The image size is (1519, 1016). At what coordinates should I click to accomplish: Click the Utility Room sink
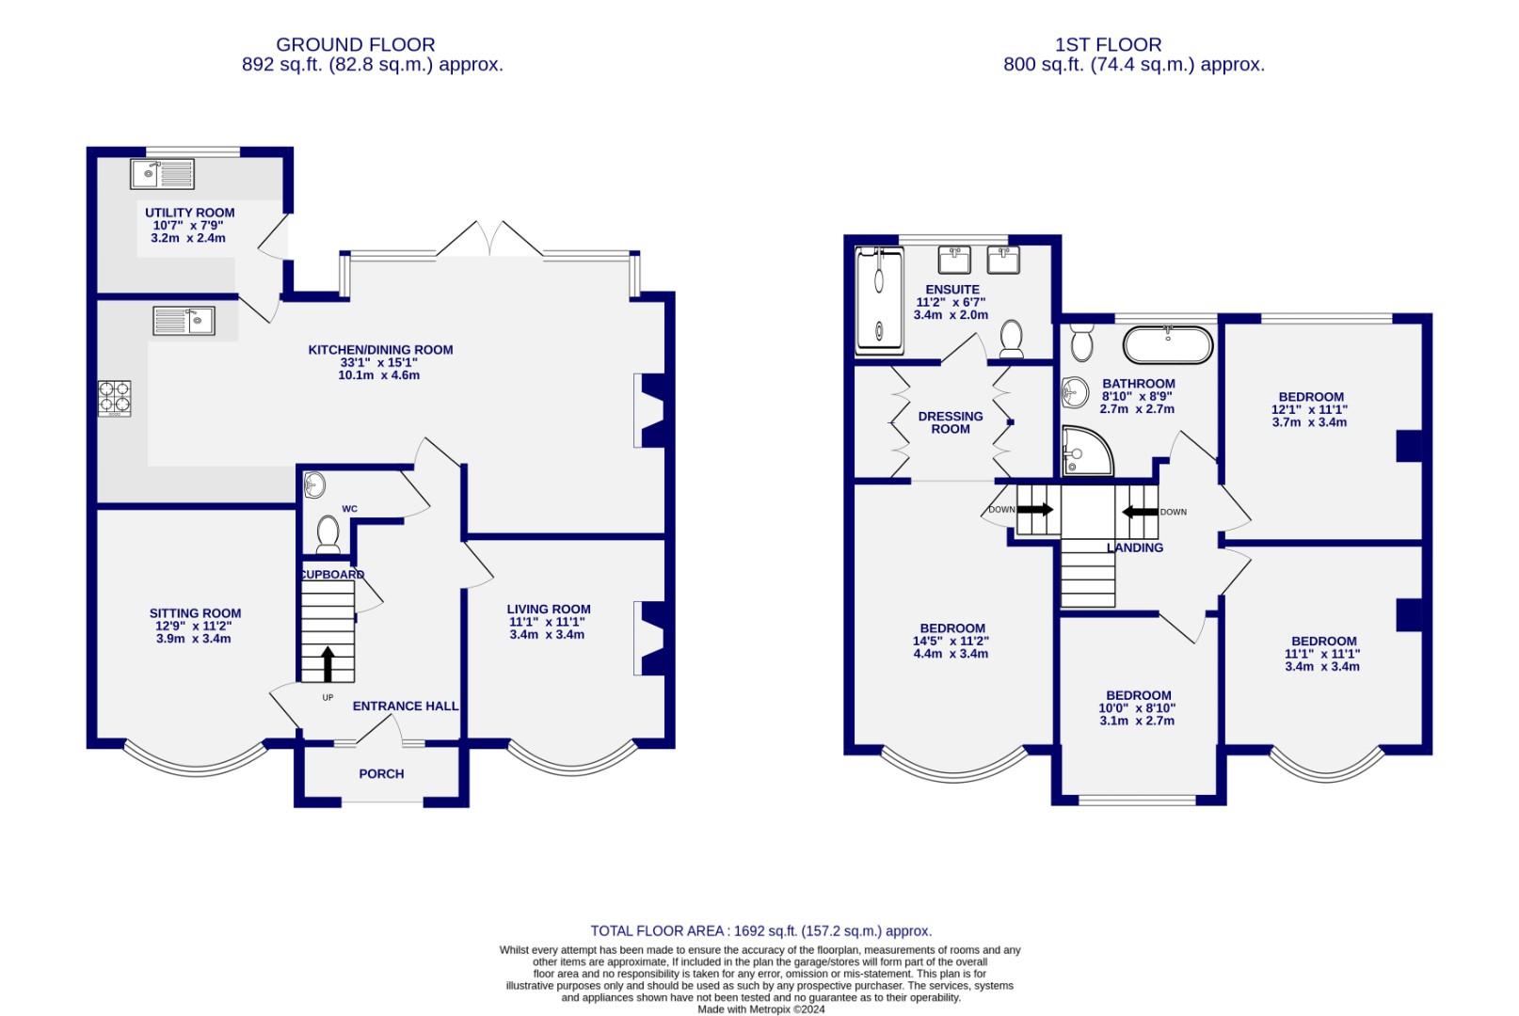click(163, 174)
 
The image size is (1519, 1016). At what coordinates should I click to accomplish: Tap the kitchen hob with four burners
click(115, 398)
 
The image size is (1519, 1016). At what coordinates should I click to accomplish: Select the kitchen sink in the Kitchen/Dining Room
click(184, 321)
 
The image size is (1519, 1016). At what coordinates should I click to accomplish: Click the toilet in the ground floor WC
click(328, 533)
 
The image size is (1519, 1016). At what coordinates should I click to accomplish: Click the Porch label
click(381, 774)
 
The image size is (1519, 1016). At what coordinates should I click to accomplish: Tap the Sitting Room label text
click(195, 613)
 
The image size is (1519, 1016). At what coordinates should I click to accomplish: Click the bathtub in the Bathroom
click(1167, 344)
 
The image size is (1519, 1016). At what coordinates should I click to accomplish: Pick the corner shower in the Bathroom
click(1082, 452)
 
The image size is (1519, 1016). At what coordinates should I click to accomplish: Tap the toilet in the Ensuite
click(1011, 338)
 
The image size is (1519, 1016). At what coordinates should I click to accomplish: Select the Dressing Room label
click(951, 422)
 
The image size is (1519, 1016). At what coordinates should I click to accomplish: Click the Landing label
click(1135, 548)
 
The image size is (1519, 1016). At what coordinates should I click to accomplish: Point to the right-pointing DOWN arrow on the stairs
click(1034, 509)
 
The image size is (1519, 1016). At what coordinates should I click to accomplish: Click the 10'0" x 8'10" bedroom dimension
click(1137, 708)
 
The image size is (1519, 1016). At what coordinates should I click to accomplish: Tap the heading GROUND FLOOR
click(355, 44)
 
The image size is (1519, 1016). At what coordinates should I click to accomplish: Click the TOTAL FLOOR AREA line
click(760, 930)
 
